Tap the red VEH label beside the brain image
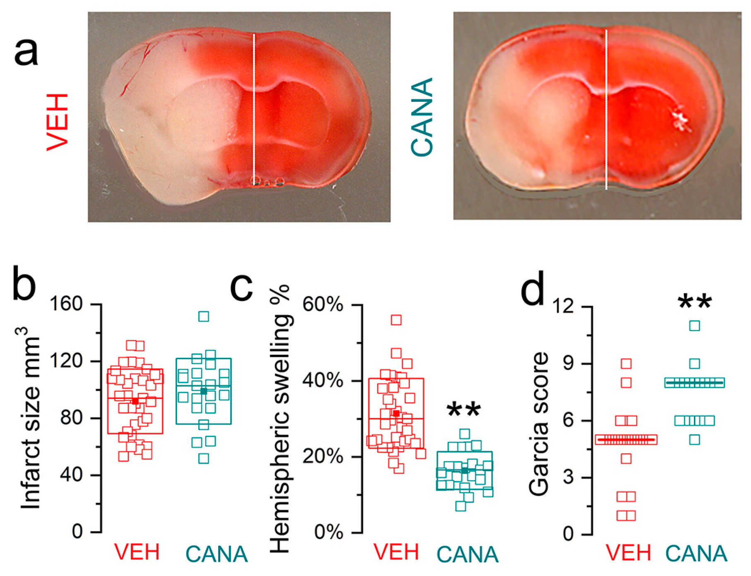pyautogui.click(x=58, y=122)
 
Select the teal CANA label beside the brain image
pyautogui.click(x=422, y=118)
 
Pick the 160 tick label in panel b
pyautogui.click(x=66, y=304)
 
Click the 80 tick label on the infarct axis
pyautogui.click(x=72, y=417)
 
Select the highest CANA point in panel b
pyautogui.click(x=204, y=317)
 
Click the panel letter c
pyautogui.click(x=241, y=287)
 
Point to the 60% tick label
pyautogui.click(x=323, y=305)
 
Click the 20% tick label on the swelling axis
pyautogui.click(x=323, y=457)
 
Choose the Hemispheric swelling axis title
pyautogui.click(x=282, y=418)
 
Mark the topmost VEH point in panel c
pyautogui.click(x=396, y=320)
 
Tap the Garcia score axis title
pyautogui.click(x=539, y=423)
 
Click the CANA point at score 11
pyautogui.click(x=695, y=326)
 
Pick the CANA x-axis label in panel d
pyautogui.click(x=696, y=553)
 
